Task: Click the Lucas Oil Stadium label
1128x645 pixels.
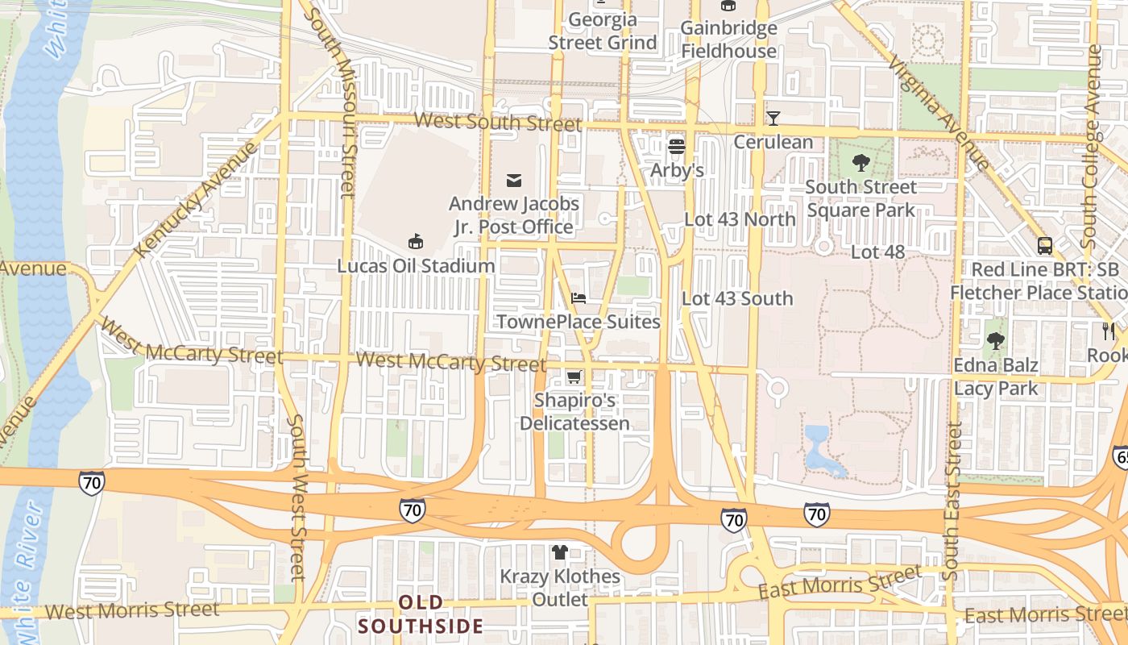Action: coord(415,266)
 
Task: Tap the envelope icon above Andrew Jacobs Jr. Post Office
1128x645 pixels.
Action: coord(514,180)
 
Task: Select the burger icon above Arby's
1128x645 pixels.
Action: coord(677,147)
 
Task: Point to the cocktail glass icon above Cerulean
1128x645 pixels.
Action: coord(773,119)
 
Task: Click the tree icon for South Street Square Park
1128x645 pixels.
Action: coord(861,163)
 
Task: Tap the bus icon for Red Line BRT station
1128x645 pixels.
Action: coord(1045,246)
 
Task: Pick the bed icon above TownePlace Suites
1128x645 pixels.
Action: coord(579,298)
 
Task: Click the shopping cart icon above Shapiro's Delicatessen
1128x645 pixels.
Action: coord(574,377)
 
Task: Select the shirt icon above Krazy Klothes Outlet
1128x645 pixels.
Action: coord(560,552)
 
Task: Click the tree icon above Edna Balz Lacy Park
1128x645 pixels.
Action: coord(996,341)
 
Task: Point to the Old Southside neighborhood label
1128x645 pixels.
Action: coord(421,614)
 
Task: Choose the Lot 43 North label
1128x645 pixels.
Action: coord(740,219)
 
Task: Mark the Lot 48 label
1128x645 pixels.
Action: coord(878,252)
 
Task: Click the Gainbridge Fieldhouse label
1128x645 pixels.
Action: coord(728,40)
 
